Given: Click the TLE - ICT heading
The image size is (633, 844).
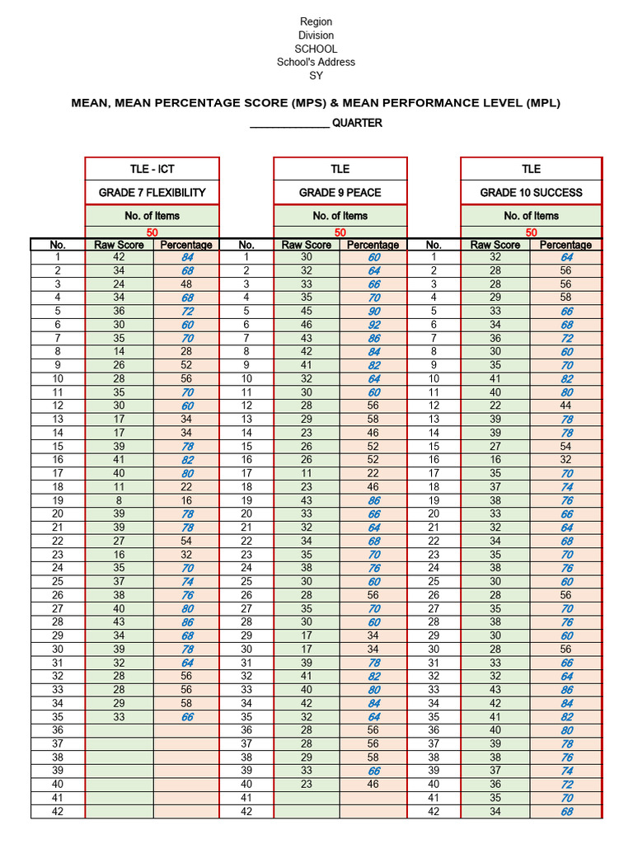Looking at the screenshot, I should pos(152,169).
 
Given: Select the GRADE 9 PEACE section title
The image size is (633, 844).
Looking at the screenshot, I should pos(340,193).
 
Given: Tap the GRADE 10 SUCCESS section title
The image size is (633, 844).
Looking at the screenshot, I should pos(531,193).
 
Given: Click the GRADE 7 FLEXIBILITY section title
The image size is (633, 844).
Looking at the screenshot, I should pos(152,193).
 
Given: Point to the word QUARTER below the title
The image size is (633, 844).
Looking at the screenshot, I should pos(357,124).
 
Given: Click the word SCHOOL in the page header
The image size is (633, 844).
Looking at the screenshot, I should pos(316,49).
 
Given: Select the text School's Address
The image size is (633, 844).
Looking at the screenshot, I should pos(316,62).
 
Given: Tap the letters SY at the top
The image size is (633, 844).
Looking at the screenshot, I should pos(316,76).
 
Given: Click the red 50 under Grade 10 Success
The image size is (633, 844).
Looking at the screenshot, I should pos(531,233).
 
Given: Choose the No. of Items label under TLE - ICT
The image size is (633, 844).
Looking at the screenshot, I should pos(152,216).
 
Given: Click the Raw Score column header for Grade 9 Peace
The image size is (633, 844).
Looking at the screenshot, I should pos(307,245).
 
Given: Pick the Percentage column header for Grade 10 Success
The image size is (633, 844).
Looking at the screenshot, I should pos(565,245).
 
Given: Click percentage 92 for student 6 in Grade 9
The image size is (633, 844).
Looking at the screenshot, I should pos(373,326).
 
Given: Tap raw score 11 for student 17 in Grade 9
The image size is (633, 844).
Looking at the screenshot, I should pos(307,474).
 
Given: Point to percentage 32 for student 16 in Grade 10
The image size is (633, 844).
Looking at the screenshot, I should pos(565,460).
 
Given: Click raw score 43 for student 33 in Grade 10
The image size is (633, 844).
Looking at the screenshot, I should pos(495,690).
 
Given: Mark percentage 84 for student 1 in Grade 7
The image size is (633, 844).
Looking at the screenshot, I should pos(186,258).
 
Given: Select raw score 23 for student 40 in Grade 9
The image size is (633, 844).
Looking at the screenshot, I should pos(307,785).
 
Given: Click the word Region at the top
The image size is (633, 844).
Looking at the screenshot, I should pos(316,21).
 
